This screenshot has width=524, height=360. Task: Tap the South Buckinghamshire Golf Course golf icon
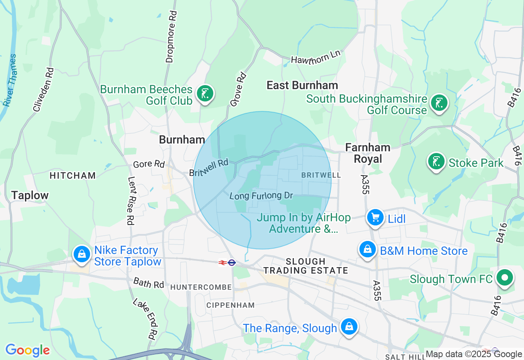coord(439,103)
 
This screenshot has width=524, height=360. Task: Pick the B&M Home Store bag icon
coord(368,250)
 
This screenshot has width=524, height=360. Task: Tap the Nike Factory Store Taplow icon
coord(82,254)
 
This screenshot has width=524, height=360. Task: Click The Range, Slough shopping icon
coord(349,327)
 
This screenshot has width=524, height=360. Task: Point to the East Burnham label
coord(302,85)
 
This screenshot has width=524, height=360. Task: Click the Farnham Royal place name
coord(368,153)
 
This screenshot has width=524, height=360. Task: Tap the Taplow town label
coord(30,195)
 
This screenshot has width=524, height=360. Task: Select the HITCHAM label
coord(72,175)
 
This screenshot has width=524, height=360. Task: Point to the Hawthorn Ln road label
coord(316,57)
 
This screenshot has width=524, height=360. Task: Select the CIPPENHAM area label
coord(230,305)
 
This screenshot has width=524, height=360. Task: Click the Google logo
coord(27,350)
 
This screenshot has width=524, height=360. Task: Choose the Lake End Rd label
coord(145,319)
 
